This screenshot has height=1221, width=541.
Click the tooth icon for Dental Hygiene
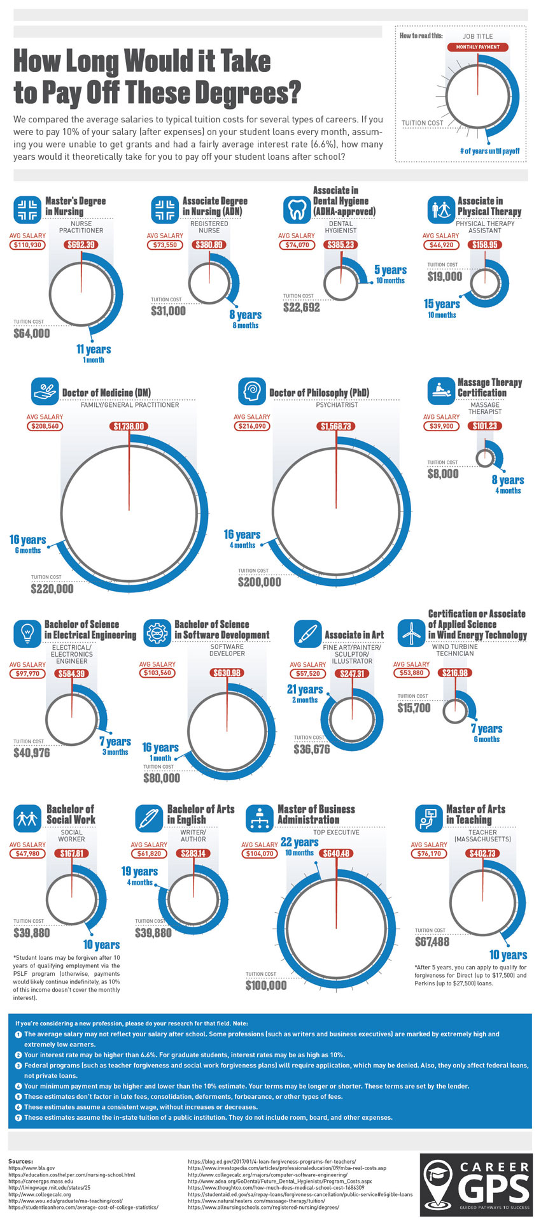pos(297,210)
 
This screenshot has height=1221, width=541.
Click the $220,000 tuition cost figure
pos(52,589)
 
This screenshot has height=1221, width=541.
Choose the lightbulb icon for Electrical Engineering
pos(27,633)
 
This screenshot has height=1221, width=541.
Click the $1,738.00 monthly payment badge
pos(129,426)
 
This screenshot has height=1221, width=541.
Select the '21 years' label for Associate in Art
pos(306,689)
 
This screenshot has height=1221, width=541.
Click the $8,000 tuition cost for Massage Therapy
pos(442,474)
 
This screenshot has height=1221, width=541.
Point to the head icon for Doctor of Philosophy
pos(251,392)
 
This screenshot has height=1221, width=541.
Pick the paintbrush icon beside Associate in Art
pos(307,634)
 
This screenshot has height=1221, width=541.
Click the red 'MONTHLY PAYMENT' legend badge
pos(477,47)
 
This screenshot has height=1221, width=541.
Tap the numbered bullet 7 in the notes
pos(18,1117)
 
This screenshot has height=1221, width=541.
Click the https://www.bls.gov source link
pos(32,1169)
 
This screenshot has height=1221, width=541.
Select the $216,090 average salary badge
pos(251,426)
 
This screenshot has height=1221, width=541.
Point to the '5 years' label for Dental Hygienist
pos(390,270)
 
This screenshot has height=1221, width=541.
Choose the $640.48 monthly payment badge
pos(335,853)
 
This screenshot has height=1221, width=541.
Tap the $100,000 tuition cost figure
pos(266,985)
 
